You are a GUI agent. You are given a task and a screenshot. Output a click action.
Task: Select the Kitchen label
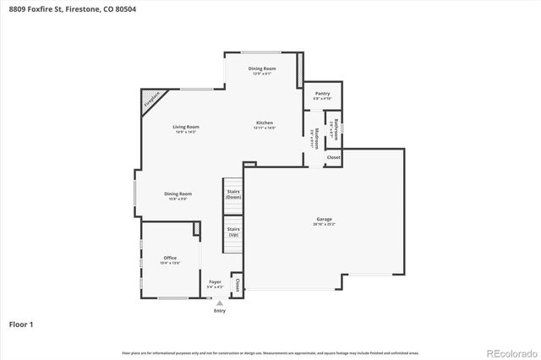point(265,124)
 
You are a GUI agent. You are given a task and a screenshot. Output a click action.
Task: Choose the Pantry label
point(322,95)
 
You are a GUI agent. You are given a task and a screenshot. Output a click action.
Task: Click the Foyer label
point(215,285)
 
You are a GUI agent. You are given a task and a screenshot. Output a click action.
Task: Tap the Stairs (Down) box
point(233,195)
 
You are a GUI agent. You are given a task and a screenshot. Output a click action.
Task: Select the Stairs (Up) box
point(233,232)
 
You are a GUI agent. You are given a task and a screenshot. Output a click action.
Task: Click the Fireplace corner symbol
point(150,101)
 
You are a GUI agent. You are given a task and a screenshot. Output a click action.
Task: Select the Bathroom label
point(335,128)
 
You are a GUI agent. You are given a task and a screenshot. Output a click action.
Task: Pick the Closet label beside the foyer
point(238,285)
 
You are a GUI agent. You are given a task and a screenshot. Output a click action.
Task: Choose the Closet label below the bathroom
point(333,157)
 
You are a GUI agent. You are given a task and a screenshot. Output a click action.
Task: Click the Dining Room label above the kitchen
point(262,70)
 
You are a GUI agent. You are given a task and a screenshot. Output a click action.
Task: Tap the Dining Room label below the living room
point(178,195)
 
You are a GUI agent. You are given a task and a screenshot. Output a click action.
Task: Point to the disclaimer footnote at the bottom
point(270,352)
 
